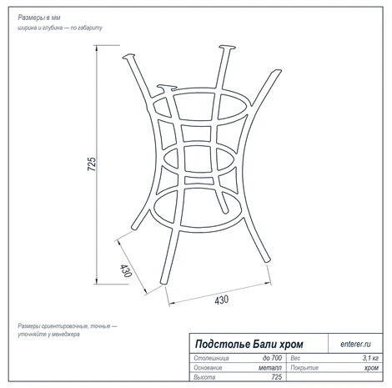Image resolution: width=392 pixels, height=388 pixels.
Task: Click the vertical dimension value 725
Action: [x=92, y=164]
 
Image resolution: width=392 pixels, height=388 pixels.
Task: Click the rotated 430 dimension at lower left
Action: [x=125, y=270]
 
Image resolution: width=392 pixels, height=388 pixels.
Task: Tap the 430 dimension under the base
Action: [x=222, y=300]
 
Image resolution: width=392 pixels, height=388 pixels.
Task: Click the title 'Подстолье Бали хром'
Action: [x=249, y=344]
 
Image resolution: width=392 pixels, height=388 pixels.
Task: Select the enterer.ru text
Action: [x=355, y=344]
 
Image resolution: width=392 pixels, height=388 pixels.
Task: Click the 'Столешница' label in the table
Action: [x=211, y=358]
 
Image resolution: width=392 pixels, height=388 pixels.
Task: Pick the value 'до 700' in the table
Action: [x=272, y=358]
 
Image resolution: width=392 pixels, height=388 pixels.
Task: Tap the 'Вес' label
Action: [x=295, y=358]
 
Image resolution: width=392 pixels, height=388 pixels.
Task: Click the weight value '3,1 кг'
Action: [x=370, y=358]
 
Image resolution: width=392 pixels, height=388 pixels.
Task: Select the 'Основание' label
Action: [x=208, y=368]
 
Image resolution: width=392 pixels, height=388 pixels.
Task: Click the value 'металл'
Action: [x=270, y=368]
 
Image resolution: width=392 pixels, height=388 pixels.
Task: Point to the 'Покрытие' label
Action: [x=304, y=368]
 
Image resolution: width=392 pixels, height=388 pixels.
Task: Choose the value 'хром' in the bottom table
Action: [x=371, y=368]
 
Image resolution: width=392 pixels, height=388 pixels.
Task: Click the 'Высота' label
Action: [x=204, y=377]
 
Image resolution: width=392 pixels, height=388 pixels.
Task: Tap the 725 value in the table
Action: [x=277, y=377]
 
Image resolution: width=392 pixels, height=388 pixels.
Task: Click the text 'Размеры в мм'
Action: [x=39, y=18]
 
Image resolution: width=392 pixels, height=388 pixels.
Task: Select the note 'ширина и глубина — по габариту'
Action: [x=60, y=28]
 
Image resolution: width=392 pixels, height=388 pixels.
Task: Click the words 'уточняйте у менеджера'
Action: [x=48, y=335]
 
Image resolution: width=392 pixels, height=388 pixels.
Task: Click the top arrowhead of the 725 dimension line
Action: [x=97, y=48]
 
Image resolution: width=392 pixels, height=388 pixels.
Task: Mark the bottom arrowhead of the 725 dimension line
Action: [x=97, y=281]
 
